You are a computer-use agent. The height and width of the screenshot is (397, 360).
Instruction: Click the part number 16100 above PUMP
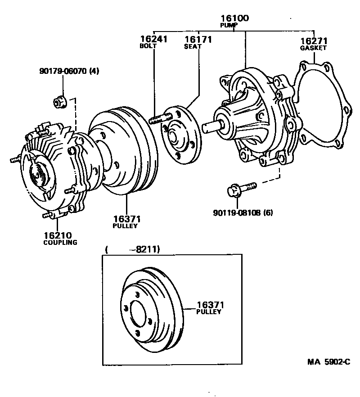coord(234,18)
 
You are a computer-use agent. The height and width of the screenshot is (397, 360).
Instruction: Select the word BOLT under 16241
coord(148,46)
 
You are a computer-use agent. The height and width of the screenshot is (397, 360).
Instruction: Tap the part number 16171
coord(198,40)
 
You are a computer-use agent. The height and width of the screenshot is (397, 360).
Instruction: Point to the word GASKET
coord(313,48)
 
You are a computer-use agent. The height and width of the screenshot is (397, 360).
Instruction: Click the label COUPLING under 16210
coord(60,242)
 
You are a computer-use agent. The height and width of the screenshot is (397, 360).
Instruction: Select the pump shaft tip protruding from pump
coord(210,127)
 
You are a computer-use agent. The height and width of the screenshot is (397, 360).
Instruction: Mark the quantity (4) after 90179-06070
coord(93,71)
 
